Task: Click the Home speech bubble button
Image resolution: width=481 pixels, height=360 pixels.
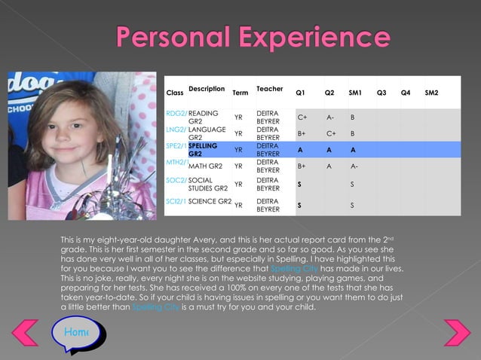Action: pos(75,332)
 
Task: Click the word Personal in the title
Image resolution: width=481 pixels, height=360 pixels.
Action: pos(174,37)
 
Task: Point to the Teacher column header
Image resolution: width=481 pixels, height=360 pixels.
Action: pos(270,89)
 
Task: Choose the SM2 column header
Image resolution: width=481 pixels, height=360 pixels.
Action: pos(432,93)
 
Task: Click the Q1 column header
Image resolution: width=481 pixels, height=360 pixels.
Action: pos(300,93)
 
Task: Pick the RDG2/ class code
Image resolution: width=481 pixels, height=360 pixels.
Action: pos(176,113)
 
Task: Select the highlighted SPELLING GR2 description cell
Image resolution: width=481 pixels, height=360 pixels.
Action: pos(203,149)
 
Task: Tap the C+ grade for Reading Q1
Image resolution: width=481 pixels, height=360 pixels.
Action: pos(302,117)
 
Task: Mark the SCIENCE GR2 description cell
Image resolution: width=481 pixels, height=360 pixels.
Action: pos(210,201)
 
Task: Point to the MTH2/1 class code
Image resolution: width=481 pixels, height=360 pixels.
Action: pos(176,162)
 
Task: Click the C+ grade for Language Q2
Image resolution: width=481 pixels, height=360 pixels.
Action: pos(330,133)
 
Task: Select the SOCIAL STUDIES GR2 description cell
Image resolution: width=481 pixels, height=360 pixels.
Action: pos(207,184)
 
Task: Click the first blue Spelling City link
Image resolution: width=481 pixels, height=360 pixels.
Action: pos(294,269)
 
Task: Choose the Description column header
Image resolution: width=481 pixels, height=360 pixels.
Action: pos(207,89)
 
